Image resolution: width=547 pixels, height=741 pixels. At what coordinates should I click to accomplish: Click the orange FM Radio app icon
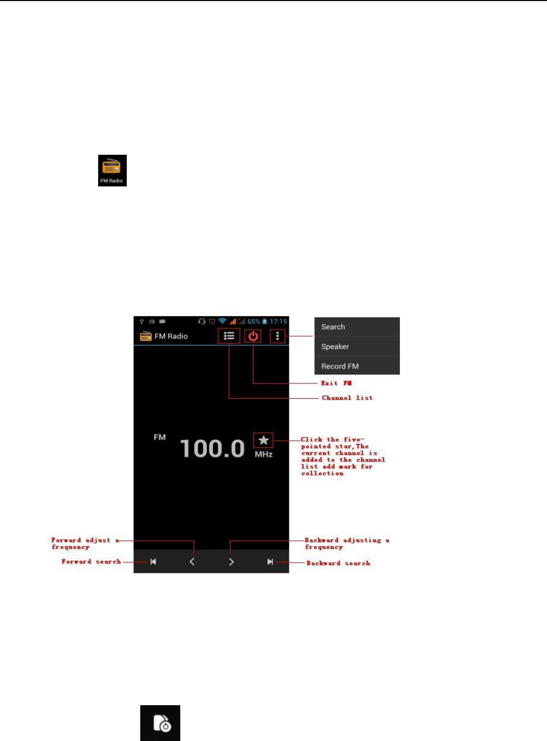pyautogui.click(x=112, y=170)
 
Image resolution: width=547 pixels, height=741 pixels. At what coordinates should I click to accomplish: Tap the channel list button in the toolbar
pyautogui.click(x=229, y=336)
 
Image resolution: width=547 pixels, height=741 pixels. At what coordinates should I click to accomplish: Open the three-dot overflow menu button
pyautogui.click(x=277, y=336)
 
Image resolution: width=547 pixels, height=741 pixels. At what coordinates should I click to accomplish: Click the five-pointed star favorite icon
pyautogui.click(x=263, y=440)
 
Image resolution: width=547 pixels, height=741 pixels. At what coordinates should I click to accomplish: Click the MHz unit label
pyautogui.click(x=263, y=454)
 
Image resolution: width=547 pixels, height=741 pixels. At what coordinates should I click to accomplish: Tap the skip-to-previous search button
pyautogui.click(x=153, y=562)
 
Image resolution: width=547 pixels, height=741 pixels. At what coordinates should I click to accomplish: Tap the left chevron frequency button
pyautogui.click(x=192, y=562)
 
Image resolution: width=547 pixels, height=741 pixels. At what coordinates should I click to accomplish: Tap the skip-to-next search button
pyautogui.click(x=270, y=562)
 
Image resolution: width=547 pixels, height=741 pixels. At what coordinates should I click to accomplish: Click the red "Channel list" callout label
pyautogui.click(x=347, y=398)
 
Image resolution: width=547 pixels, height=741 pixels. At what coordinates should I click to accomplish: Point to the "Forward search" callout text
pyautogui.click(x=91, y=561)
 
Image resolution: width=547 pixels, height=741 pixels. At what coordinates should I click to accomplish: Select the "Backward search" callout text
pyautogui.click(x=338, y=563)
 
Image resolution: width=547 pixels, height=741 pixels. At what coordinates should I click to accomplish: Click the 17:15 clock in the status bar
pyautogui.click(x=278, y=321)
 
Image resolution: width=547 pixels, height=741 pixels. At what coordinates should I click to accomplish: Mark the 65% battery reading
pyautogui.click(x=254, y=321)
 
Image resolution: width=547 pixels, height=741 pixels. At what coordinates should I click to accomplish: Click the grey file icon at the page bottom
pyautogui.click(x=161, y=723)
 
